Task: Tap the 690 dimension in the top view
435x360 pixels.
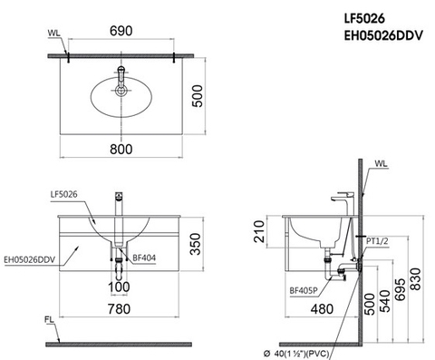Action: tap(121, 30)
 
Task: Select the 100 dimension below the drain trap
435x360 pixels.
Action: tap(120, 287)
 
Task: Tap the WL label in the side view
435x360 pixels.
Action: tap(380, 164)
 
